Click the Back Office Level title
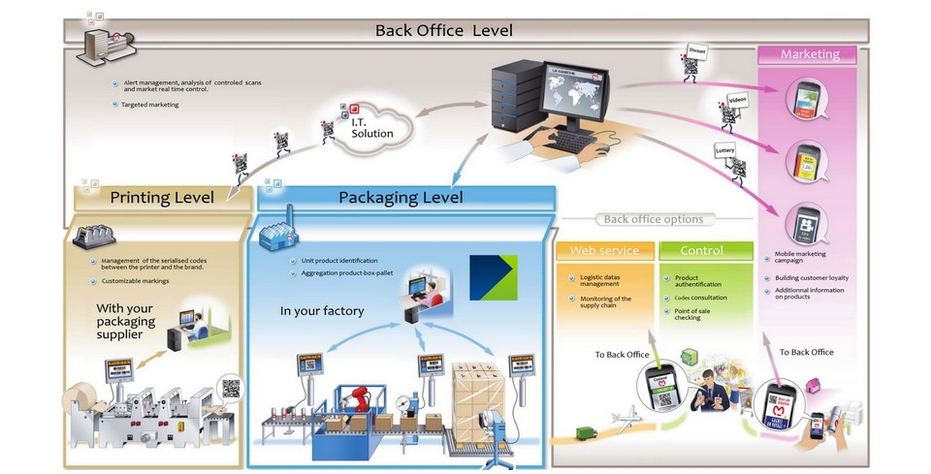pos(444,30)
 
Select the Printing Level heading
pos(162,198)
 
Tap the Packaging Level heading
pos(401,198)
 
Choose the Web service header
pos(604,250)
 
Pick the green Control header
pos(701,250)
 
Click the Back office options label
pos(654,219)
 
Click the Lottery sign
pos(725,151)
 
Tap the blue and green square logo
pos(493,278)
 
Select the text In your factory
pos(321,311)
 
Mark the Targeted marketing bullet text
pos(149,105)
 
